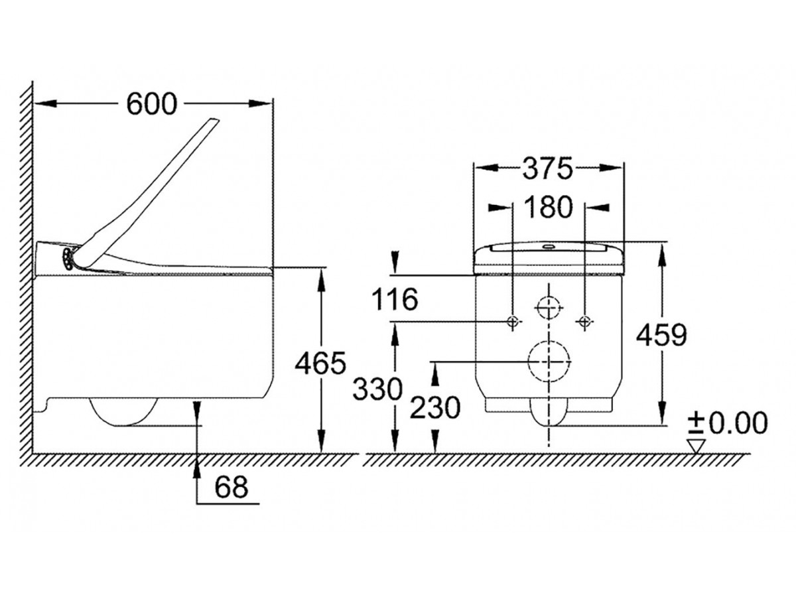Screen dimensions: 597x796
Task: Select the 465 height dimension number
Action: point(320,364)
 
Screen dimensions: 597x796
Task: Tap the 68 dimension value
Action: point(232,488)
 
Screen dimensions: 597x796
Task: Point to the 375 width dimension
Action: point(547,170)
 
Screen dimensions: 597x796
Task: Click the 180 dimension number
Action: point(547,208)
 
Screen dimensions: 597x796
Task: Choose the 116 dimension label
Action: point(395,300)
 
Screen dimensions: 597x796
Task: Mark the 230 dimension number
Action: point(434,409)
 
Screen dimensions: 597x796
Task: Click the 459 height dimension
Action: point(661,336)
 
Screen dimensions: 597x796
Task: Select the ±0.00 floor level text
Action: point(728,422)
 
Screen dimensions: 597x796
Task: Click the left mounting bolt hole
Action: point(512,322)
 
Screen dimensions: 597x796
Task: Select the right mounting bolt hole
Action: point(584,322)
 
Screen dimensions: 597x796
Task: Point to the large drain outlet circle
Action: point(549,361)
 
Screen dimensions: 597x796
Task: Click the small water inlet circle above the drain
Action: point(548,307)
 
